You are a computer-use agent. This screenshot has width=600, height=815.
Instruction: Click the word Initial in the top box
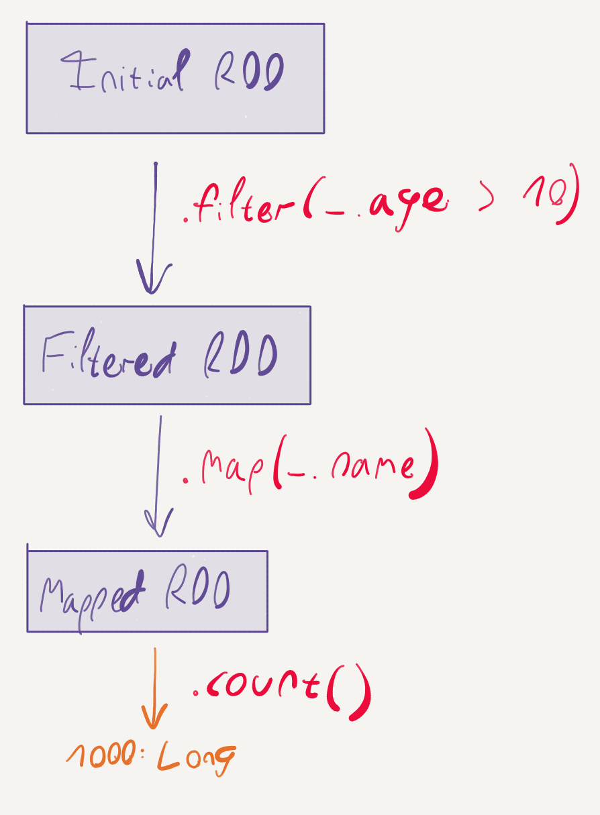(125, 70)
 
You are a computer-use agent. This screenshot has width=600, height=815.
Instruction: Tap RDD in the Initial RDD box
(249, 72)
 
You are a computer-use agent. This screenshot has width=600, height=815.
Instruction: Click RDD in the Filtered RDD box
(241, 355)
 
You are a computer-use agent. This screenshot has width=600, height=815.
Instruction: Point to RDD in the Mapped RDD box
(198, 588)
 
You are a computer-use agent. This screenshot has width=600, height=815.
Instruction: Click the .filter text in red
(239, 201)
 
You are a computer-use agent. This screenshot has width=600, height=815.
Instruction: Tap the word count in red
(263, 685)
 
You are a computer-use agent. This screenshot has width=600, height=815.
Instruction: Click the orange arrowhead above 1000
(154, 716)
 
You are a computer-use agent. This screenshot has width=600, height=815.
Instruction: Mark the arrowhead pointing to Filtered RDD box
(153, 278)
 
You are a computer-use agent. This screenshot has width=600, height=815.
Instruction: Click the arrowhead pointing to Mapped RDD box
(159, 523)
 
